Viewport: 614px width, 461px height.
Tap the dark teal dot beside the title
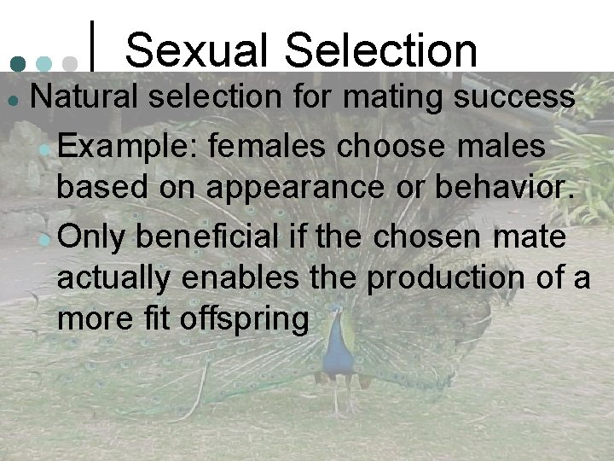[x=16, y=63]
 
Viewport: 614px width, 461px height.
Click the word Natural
[x=81, y=96]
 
